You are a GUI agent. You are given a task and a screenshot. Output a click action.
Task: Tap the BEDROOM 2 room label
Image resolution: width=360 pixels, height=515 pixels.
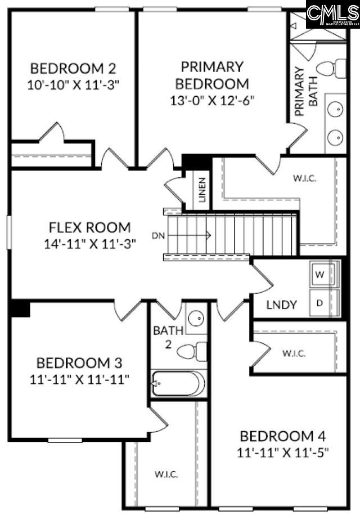[x=73, y=69]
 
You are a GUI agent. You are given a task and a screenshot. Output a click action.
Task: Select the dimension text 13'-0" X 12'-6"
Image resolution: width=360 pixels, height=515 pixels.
[x=212, y=101]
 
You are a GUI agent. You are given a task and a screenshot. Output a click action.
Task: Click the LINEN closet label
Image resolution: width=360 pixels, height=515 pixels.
[x=202, y=190]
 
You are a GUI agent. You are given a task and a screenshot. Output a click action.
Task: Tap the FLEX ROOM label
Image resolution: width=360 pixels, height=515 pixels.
[x=90, y=227]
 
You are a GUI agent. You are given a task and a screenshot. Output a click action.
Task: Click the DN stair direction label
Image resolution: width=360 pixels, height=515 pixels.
[x=158, y=235]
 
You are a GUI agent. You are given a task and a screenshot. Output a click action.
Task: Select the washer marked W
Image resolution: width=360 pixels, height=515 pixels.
[x=319, y=275]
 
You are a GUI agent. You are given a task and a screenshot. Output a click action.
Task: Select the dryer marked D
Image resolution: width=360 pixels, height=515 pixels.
[x=319, y=303]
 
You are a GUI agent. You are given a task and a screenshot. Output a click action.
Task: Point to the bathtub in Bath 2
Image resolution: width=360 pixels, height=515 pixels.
[x=178, y=384]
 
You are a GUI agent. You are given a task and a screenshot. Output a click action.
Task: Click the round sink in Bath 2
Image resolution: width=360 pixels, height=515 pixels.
[x=196, y=319]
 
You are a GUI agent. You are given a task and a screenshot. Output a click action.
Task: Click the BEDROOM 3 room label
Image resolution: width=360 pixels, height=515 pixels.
[x=79, y=362]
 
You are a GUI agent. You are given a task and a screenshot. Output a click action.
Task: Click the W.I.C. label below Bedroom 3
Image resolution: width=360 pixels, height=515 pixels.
[x=166, y=474]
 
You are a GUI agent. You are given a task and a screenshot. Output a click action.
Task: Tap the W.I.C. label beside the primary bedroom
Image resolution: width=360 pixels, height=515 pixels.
[x=304, y=178]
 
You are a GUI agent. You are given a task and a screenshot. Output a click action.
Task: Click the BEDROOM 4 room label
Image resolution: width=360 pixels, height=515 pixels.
[x=282, y=436]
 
